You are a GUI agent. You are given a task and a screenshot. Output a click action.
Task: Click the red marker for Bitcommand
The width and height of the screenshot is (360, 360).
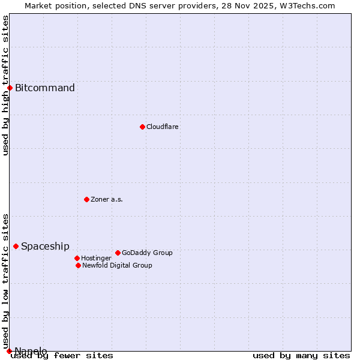point(10,88)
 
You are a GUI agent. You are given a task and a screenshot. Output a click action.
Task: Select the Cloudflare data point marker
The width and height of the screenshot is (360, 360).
point(142,127)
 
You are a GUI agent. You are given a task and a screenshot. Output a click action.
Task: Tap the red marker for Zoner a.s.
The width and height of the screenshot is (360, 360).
point(86,199)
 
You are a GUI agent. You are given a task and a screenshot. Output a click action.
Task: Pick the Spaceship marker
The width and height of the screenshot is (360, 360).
point(16,246)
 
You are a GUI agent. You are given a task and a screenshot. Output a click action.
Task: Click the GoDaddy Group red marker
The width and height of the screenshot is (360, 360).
point(118,253)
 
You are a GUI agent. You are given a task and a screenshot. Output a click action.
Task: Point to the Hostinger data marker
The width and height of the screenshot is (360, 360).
point(77,258)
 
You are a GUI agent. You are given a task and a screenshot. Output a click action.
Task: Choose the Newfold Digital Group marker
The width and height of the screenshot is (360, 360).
point(78,265)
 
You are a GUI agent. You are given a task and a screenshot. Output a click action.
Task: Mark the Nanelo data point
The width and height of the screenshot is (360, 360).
point(9,351)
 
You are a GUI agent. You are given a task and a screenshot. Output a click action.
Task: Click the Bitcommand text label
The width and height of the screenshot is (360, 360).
point(45,88)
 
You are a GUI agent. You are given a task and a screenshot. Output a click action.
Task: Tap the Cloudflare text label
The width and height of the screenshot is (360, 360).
point(163,127)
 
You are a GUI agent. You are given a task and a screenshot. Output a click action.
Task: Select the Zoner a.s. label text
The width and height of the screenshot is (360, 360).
point(107,199)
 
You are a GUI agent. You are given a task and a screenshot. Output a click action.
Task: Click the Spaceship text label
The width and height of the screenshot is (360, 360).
point(45,246)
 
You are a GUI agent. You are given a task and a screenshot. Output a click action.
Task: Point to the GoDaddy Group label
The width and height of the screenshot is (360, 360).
point(147,253)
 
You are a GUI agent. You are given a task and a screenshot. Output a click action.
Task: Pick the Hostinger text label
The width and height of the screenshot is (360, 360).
point(96,258)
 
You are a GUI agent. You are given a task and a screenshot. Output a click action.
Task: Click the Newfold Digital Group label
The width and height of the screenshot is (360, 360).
point(117,265)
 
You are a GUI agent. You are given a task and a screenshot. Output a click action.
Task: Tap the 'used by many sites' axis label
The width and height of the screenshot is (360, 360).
point(301,356)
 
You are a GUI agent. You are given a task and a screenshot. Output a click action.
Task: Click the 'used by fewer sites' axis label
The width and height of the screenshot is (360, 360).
point(62,356)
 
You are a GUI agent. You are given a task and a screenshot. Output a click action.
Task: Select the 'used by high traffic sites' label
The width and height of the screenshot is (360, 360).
point(6,85)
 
